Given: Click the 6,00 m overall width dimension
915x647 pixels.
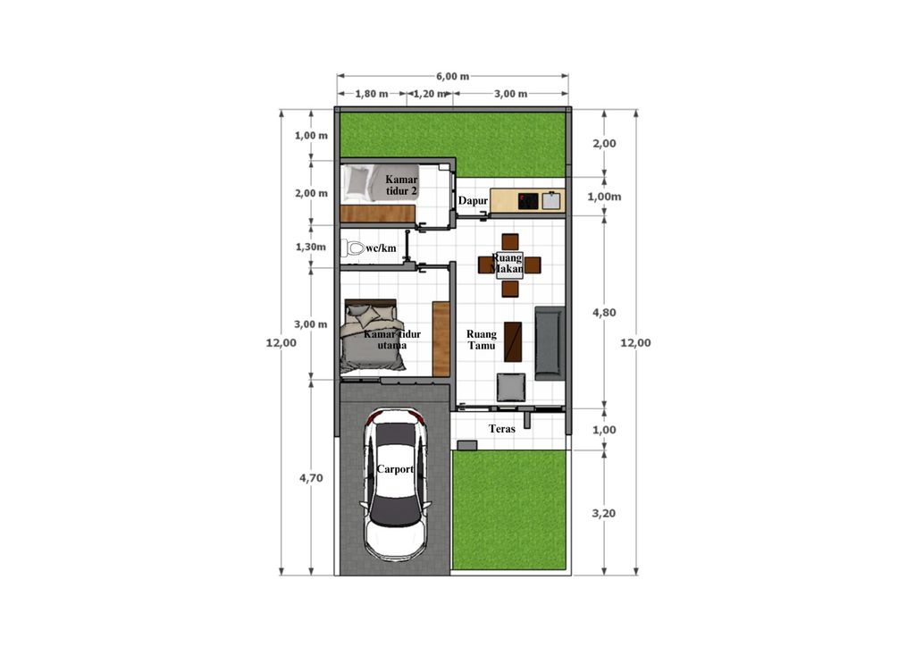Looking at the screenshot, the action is (x=452, y=77).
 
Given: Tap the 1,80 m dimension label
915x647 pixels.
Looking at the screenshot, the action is (x=372, y=94).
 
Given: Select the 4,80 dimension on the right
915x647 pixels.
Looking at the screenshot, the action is (x=604, y=313).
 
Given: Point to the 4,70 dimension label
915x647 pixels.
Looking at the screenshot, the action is (x=311, y=478).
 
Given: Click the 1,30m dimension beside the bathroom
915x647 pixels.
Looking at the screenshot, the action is (x=310, y=247).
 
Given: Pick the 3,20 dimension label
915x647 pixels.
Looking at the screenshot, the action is (x=604, y=513).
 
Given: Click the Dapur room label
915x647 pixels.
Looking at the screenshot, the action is (x=473, y=201).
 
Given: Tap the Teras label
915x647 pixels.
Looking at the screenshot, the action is (x=502, y=429).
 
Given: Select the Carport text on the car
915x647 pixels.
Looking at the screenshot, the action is (x=395, y=469).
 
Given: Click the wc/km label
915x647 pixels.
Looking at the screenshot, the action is (x=381, y=248).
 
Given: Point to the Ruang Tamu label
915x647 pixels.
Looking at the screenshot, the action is (x=482, y=340).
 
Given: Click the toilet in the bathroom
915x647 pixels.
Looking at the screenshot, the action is (x=353, y=248).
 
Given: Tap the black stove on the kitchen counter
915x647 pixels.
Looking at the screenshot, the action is (x=528, y=201).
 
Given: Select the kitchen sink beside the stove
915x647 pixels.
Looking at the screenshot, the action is (x=551, y=201).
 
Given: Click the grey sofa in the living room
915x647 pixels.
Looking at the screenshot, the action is (x=550, y=343).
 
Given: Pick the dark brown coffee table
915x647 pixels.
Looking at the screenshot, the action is (x=513, y=342).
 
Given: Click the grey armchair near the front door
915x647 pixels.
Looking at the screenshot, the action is (x=511, y=387).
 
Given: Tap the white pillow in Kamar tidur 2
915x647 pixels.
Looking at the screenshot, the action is (x=357, y=182).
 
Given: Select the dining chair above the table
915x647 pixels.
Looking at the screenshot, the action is (x=510, y=241).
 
